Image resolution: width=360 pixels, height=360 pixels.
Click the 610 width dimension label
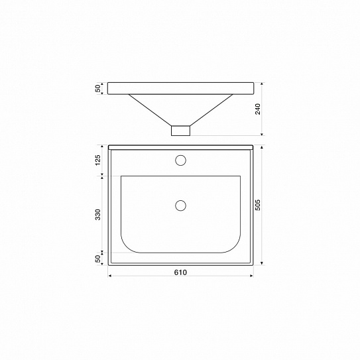180,272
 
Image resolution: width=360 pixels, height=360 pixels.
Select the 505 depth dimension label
258,205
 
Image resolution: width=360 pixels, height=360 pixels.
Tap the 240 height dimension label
258,109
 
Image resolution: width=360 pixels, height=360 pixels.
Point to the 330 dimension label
98,214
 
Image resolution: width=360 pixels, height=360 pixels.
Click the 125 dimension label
98,160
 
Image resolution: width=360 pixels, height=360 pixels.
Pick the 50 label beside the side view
98,88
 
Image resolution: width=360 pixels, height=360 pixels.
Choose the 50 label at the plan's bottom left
98,259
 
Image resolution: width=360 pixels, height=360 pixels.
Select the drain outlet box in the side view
180,131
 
